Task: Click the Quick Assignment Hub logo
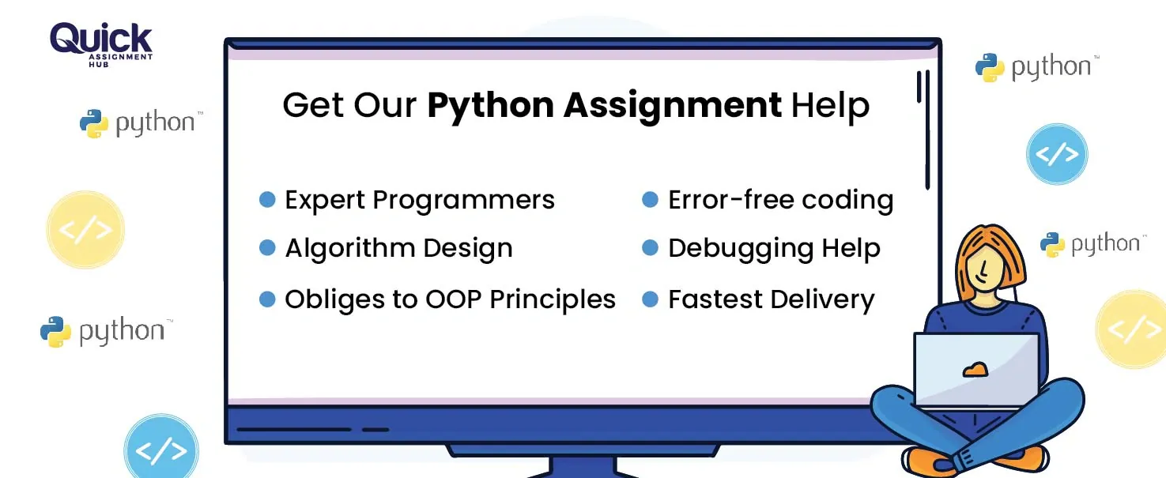(x=101, y=43)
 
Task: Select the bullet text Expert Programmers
(x=420, y=201)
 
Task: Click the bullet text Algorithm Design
(x=398, y=249)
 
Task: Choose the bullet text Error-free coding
(x=780, y=201)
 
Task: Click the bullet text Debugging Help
(x=774, y=249)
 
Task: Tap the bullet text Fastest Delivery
(x=771, y=299)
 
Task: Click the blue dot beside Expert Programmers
(x=267, y=199)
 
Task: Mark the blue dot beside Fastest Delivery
(x=650, y=299)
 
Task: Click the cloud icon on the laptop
(x=975, y=369)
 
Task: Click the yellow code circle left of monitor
(x=85, y=230)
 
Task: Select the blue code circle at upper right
(x=1056, y=154)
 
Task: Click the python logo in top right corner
(x=1036, y=68)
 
